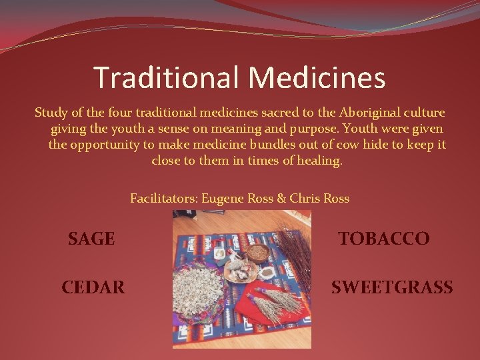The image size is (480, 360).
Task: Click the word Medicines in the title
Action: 317,77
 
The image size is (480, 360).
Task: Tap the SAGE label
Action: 91,239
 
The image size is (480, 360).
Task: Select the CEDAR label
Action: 93,287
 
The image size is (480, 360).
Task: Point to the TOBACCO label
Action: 383,239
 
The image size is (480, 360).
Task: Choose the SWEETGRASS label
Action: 392,287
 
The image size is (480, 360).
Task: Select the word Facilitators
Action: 163,199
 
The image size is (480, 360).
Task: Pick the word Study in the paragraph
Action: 51,113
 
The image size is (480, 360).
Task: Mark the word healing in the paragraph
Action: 317,161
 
